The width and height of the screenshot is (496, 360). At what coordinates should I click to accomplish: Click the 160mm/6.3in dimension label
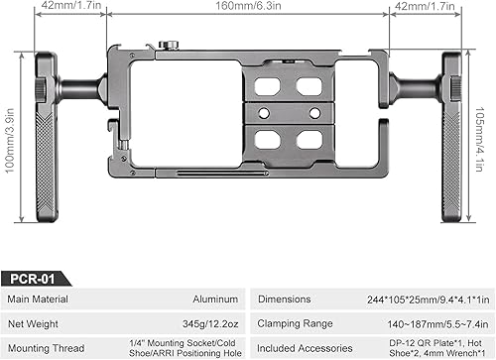click(248, 6)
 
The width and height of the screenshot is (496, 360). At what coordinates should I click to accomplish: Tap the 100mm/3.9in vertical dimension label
click(10, 141)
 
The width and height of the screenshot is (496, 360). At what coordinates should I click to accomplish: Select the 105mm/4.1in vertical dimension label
click(480, 139)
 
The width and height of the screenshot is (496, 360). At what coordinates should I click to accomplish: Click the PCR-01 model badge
click(33, 279)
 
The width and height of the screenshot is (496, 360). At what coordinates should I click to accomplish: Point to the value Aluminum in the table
click(215, 300)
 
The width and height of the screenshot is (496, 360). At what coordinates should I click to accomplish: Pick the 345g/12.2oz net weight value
click(210, 323)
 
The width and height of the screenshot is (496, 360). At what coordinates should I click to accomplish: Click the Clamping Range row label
click(295, 323)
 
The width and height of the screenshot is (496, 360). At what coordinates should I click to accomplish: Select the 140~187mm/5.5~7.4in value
click(437, 324)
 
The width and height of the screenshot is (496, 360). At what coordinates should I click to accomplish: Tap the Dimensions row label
click(285, 300)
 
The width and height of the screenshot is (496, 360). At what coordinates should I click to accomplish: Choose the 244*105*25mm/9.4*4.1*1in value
click(428, 300)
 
